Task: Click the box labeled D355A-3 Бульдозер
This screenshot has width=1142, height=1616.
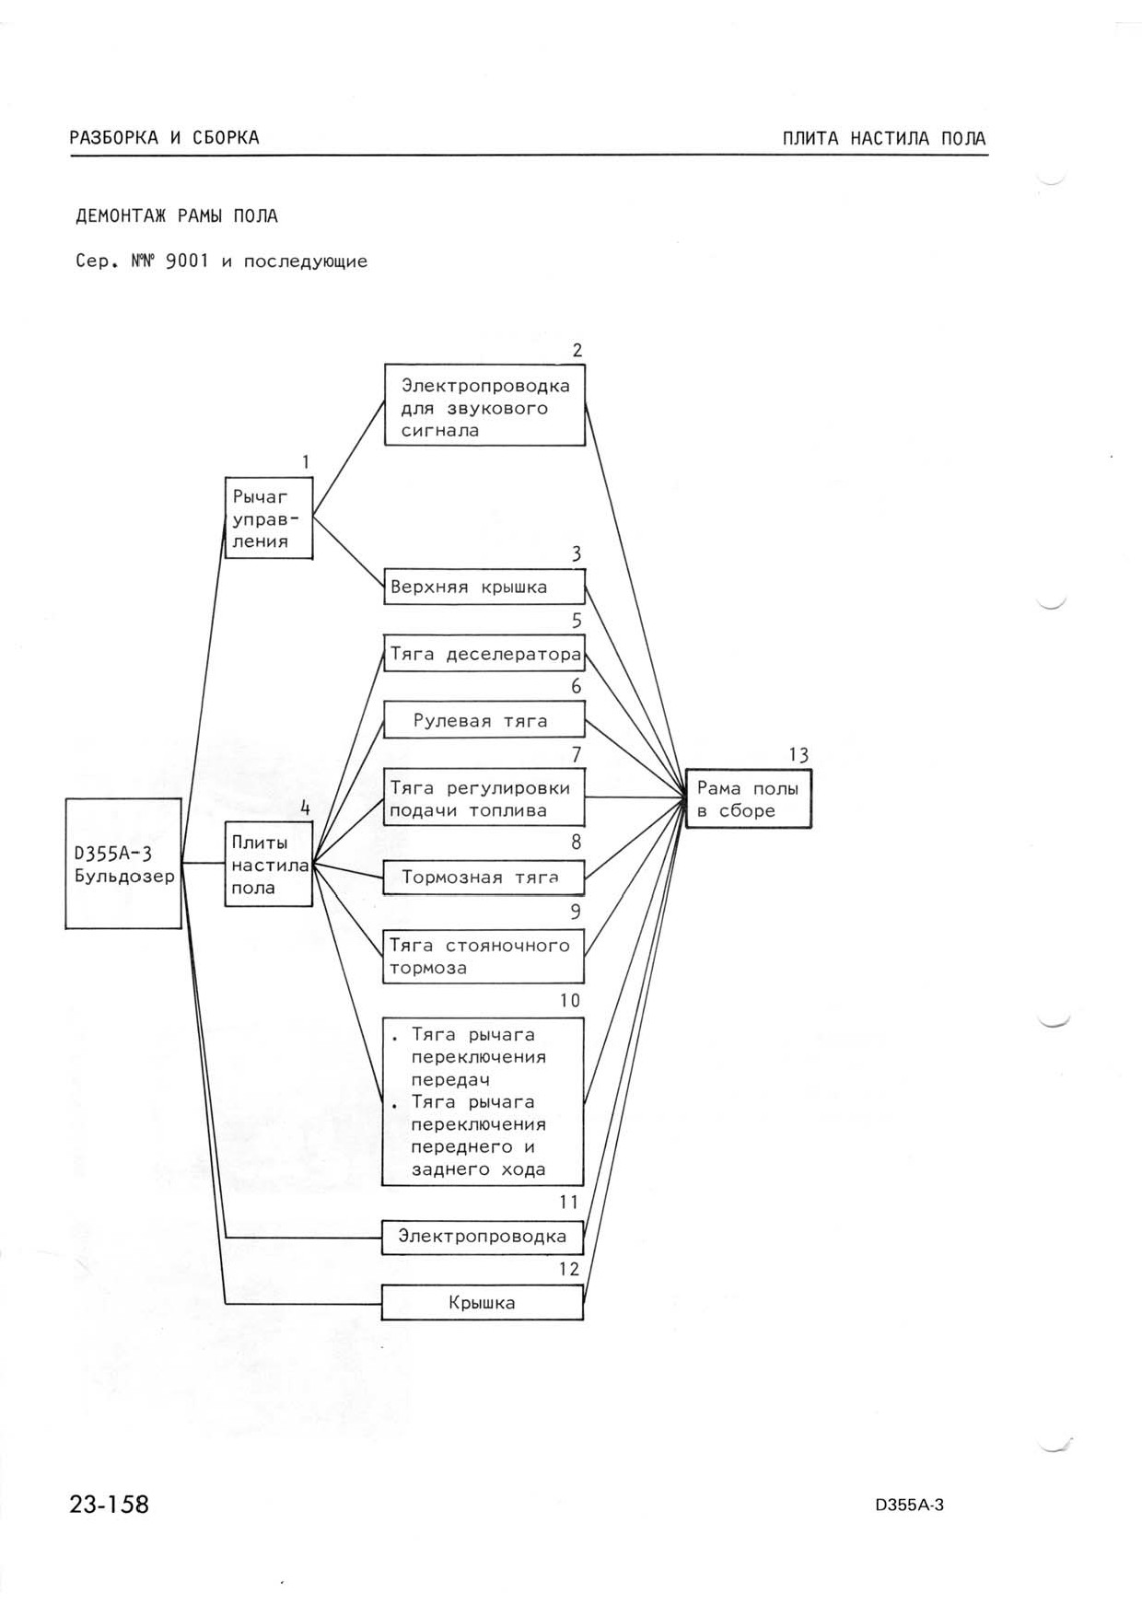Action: click(123, 863)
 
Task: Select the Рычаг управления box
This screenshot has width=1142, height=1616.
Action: click(269, 517)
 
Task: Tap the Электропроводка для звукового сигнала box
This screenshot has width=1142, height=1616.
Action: click(484, 406)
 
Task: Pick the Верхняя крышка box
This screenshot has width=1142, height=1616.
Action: click(484, 587)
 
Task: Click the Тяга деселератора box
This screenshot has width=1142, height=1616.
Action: click(484, 653)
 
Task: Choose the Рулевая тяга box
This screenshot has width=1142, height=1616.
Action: click(484, 720)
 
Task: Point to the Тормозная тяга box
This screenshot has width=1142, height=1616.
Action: click(484, 877)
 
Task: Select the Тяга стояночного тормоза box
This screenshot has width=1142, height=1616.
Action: click(484, 956)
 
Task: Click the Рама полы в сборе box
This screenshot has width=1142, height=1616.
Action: click(749, 799)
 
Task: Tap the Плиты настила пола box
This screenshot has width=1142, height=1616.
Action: click(269, 865)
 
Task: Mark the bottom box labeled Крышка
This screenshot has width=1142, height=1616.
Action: click(483, 1302)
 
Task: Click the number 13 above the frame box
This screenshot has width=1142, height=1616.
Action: click(798, 755)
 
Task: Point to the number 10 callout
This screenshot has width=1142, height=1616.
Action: click(570, 1001)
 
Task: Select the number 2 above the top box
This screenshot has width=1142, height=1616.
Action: click(577, 350)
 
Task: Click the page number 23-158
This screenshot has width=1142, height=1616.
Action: click(109, 1505)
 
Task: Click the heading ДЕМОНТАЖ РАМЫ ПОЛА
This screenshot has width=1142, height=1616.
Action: click(177, 216)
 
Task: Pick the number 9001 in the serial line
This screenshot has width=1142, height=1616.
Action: click(188, 261)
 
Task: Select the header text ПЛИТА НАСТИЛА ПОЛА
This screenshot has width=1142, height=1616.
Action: click(884, 139)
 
